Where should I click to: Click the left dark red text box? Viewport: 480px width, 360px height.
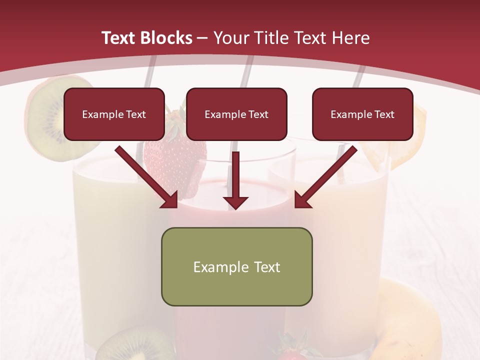114,114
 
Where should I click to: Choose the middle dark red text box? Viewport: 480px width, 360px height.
236,114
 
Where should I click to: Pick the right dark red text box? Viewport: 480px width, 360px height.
362,114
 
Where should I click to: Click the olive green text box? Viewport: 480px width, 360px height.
236,266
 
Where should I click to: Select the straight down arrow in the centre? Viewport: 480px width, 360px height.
236,180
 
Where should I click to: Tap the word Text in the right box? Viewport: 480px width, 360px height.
385,114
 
